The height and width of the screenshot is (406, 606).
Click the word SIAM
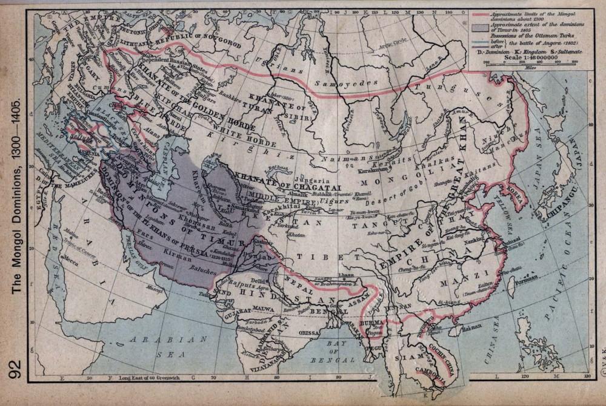(404, 358)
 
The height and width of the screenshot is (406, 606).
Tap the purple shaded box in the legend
(483, 27)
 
